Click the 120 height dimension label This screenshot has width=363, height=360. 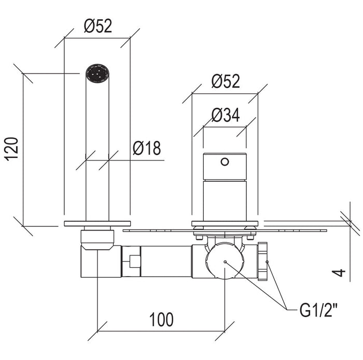[11, 149]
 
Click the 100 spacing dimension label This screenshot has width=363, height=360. [161, 320]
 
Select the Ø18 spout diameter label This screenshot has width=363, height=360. [147, 148]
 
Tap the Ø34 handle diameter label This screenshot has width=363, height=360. [226, 115]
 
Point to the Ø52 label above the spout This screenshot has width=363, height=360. [98, 26]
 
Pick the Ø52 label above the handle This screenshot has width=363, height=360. [226, 81]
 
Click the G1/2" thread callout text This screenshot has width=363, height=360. [318, 310]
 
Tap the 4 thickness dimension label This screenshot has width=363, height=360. [339, 272]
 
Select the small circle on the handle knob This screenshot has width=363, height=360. [225, 162]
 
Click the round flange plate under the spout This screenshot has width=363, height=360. [97, 224]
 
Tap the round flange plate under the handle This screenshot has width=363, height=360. [225, 224]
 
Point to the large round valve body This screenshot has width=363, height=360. [225, 261]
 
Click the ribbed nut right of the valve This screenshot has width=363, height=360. [262, 261]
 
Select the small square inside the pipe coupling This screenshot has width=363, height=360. [135, 261]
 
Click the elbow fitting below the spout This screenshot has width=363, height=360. [101, 261]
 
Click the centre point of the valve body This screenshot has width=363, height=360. [225, 262]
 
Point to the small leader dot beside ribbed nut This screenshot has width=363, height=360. [267, 262]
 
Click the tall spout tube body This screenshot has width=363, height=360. [97, 150]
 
